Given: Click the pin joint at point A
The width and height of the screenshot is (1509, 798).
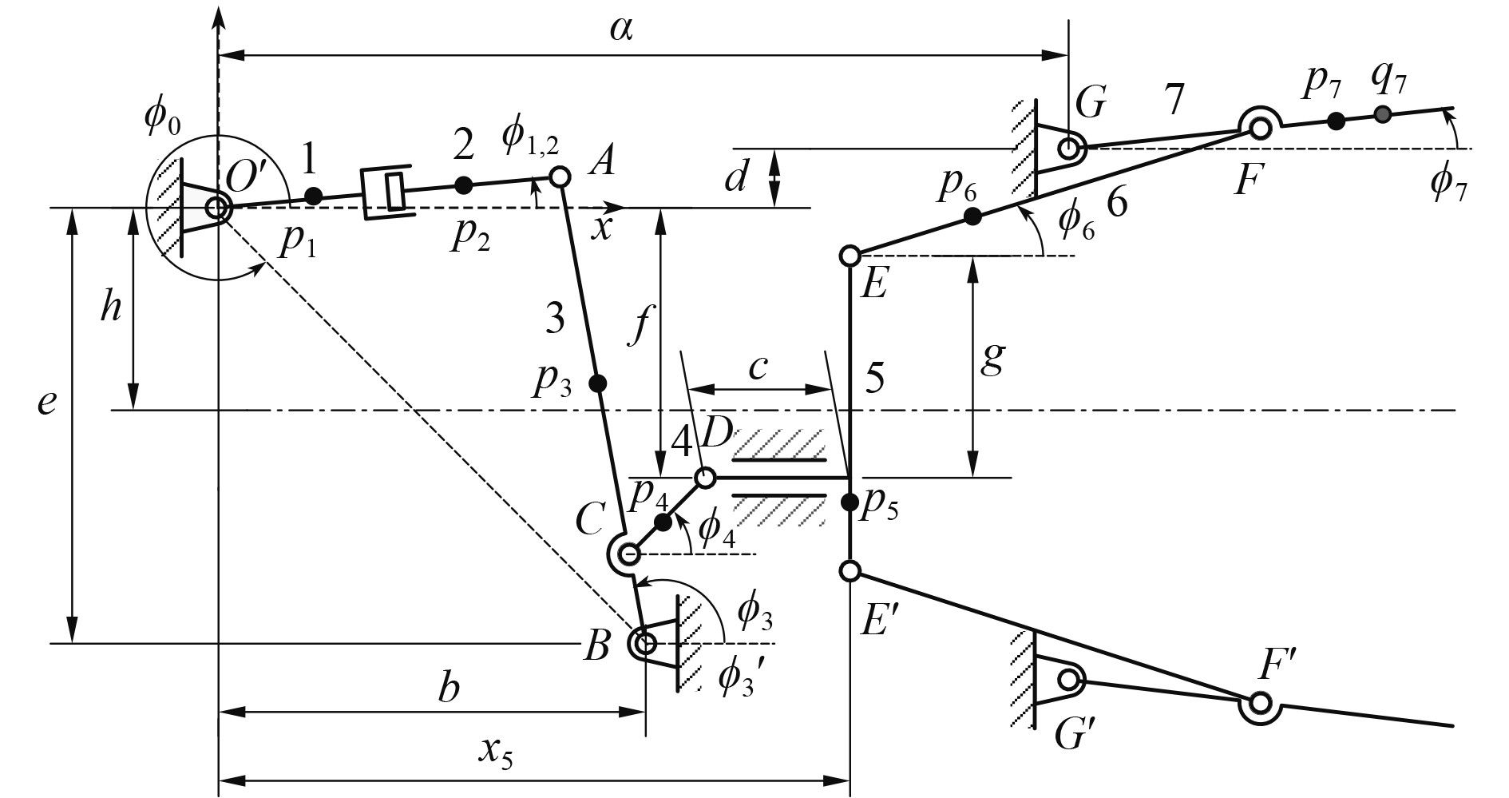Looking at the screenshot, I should tap(560, 176).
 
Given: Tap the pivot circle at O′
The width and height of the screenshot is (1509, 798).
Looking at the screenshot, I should tap(217, 208).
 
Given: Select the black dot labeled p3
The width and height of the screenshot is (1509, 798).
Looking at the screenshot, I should tap(596, 383).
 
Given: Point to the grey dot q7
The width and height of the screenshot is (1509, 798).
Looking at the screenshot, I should tap(1384, 114).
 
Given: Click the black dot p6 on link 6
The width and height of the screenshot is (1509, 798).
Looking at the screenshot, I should tap(972, 216).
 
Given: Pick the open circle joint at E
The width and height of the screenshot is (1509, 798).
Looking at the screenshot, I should tap(850, 256).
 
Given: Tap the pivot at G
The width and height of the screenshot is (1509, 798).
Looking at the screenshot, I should tap(1069, 147).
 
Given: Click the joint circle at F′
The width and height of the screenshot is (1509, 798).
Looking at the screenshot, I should tap(1261, 704).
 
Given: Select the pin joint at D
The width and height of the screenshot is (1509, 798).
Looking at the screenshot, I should tap(705, 478).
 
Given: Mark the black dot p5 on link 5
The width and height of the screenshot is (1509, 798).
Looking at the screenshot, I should tap(850, 502).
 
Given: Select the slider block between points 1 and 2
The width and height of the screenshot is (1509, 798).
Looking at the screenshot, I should tap(388, 191).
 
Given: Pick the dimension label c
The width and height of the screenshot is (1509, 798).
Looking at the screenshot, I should tap(758, 367).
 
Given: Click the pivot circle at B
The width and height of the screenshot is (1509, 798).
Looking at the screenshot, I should tap(645, 642).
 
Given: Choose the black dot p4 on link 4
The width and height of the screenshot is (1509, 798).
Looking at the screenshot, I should tap(663, 522).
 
